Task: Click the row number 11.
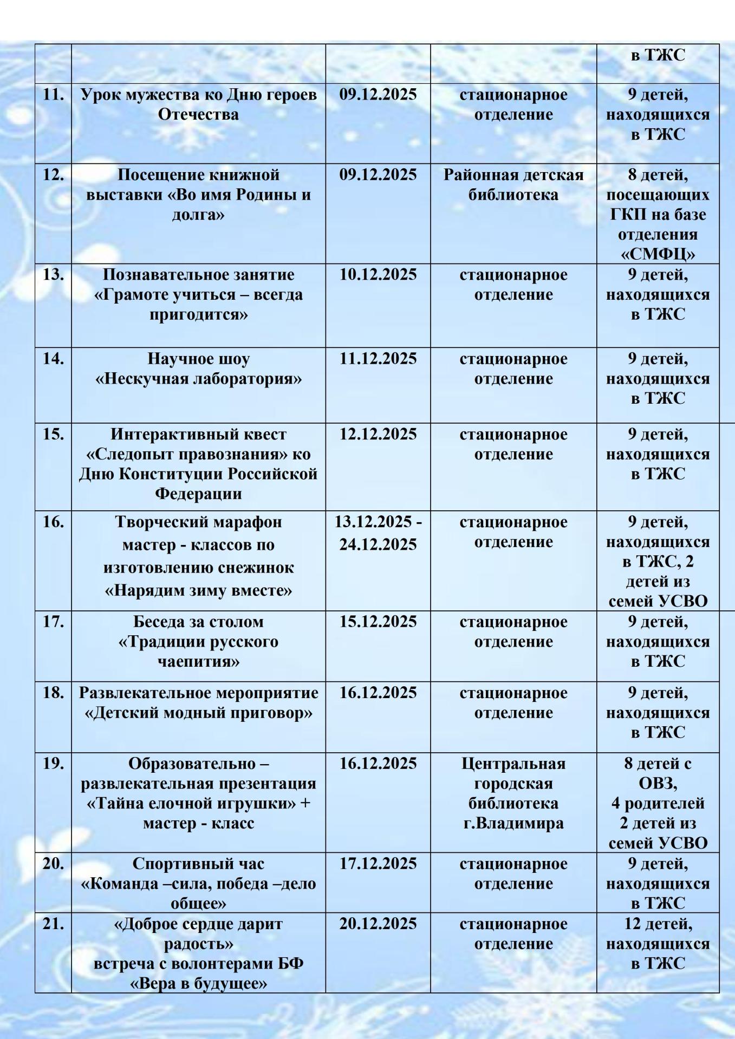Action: (x=53, y=95)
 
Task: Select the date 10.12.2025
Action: (x=378, y=275)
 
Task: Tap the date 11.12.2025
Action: (x=378, y=359)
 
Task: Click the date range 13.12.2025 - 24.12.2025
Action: (x=378, y=534)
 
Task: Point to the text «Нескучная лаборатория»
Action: (x=198, y=379)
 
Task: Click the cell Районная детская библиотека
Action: (x=513, y=185)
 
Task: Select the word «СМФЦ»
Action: (x=658, y=254)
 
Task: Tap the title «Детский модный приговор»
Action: (x=198, y=713)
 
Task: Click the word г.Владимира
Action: (x=513, y=824)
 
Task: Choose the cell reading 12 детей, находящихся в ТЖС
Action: (x=658, y=944)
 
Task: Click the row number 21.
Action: (x=53, y=924)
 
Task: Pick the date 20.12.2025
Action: (x=378, y=924)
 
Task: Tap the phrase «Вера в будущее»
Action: (x=198, y=984)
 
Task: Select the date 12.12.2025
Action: (x=378, y=435)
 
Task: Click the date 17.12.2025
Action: (x=378, y=864)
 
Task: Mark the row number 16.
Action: (x=53, y=523)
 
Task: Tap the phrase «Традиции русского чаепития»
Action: (x=198, y=652)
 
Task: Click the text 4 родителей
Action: (x=658, y=804)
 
